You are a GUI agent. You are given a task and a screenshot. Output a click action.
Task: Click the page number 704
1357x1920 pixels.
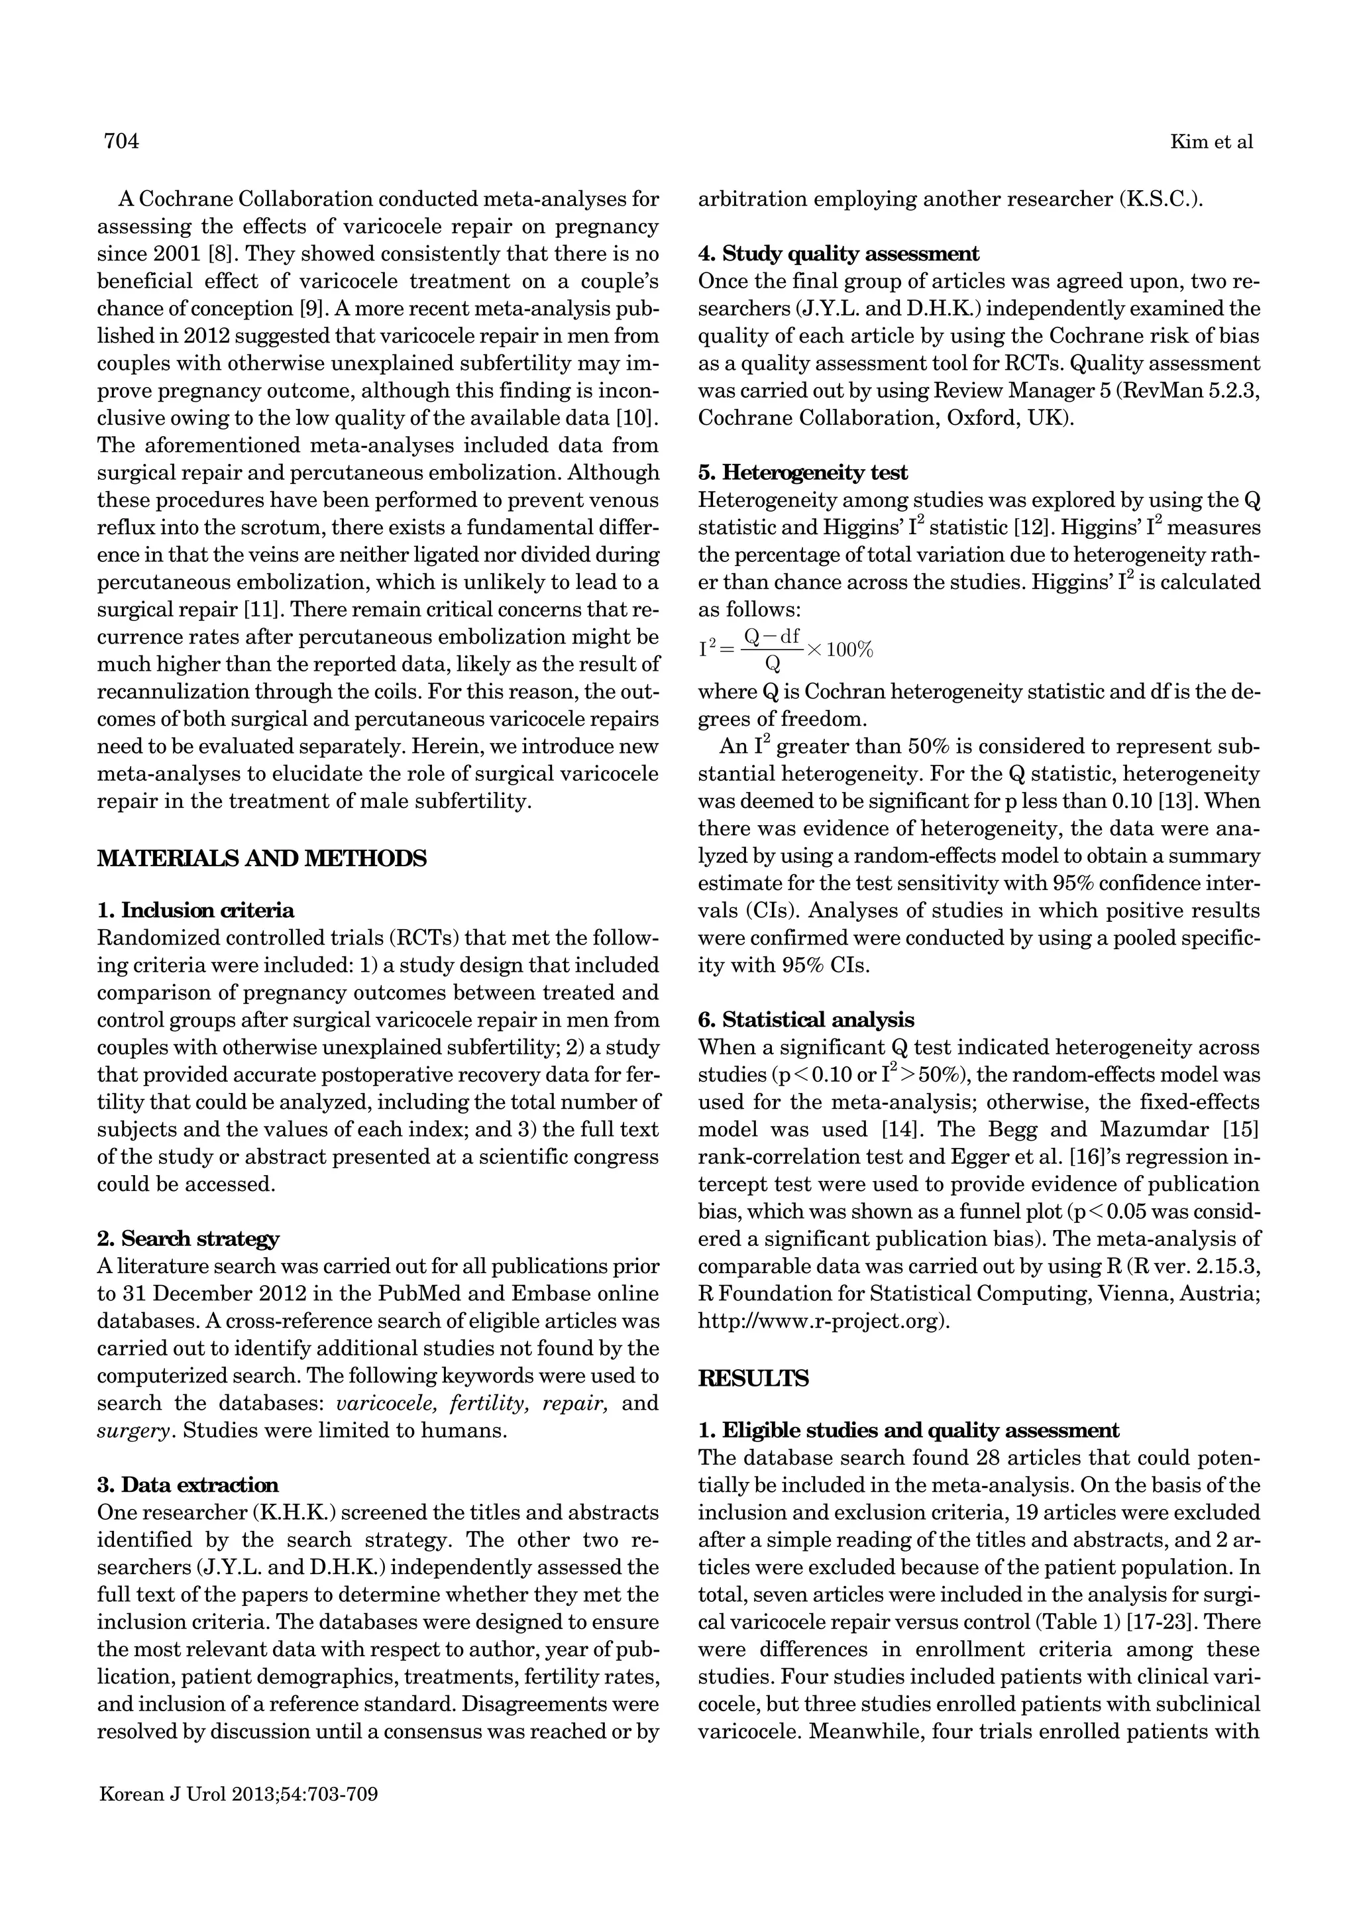point(121,141)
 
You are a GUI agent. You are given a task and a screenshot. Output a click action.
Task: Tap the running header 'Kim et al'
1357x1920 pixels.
point(1211,142)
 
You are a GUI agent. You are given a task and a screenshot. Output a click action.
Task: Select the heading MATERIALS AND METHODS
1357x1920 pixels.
point(262,858)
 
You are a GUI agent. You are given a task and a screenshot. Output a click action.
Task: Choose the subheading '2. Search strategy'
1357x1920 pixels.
point(188,1239)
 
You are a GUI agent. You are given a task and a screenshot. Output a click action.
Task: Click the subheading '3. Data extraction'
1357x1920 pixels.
point(188,1485)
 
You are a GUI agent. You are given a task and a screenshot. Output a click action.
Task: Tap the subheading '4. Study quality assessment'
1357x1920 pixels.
point(839,253)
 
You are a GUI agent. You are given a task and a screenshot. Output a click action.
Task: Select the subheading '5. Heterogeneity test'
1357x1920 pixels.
point(802,473)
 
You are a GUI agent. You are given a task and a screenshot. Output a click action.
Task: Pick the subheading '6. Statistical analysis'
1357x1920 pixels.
point(806,1019)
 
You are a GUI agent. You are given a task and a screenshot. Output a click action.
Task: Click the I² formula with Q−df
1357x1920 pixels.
point(785,649)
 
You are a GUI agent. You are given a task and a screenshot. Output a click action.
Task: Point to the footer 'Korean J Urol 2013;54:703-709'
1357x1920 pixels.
point(239,1795)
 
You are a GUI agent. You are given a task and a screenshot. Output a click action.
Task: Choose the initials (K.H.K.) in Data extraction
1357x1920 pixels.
point(296,1513)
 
